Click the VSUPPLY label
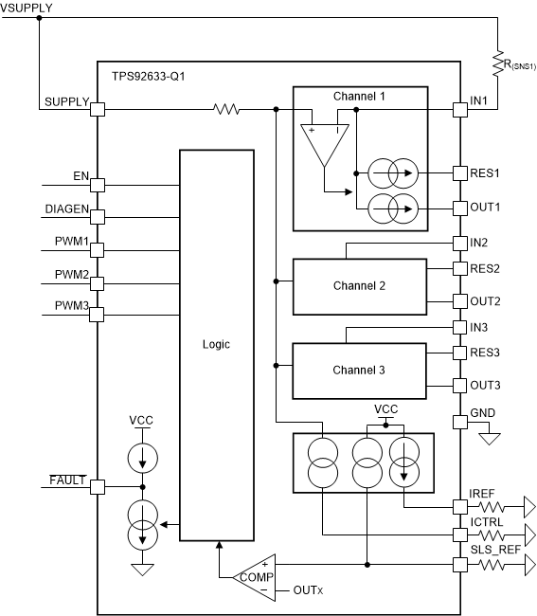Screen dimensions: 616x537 (27, 9)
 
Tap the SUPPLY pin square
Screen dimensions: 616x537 (97, 110)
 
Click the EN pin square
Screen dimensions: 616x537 (97, 185)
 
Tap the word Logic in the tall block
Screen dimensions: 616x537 (216, 344)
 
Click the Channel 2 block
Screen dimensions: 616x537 (359, 286)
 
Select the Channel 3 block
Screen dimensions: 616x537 (359, 371)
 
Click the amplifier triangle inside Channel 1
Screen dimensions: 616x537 (322, 145)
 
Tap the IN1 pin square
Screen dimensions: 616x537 (460, 110)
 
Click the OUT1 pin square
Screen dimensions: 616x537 (460, 207)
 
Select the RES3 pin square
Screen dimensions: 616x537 (460, 353)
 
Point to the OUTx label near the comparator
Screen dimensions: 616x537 (308, 590)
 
